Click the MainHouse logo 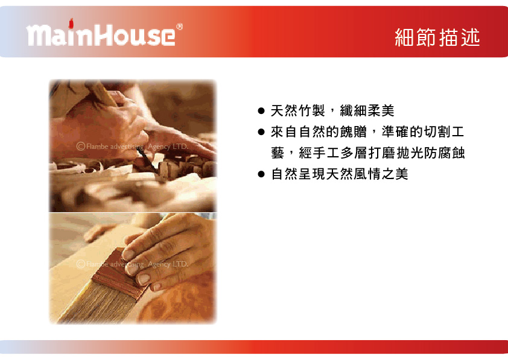click(104, 33)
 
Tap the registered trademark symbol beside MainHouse click(179, 27)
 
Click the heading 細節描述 click(437, 37)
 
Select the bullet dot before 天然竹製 click(261, 111)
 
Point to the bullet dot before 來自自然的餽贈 click(261, 132)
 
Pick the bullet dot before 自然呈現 click(261, 174)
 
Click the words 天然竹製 click(297, 111)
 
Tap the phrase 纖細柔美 click(367, 111)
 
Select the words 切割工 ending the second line click(444, 132)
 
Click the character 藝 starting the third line click(278, 153)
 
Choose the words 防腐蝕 click(445, 153)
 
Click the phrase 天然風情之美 click(367, 174)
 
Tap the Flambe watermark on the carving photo click(132, 147)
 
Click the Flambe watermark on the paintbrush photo click(132, 264)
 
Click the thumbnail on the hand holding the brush click(144, 279)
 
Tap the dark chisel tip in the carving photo click(148, 161)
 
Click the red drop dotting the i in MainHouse click(71, 23)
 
